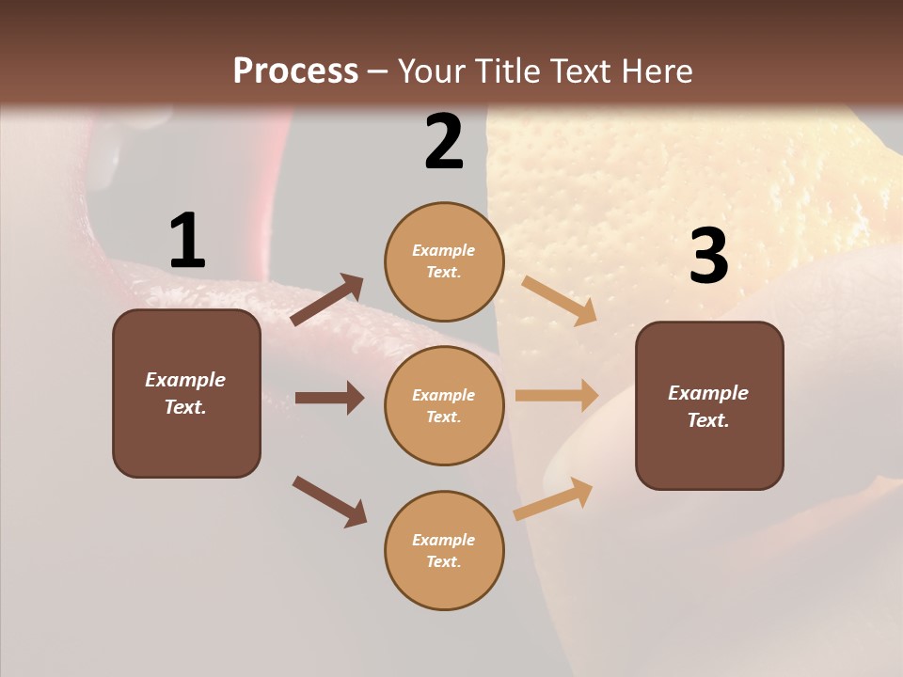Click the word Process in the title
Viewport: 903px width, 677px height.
point(295,71)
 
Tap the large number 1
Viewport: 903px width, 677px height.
point(187,241)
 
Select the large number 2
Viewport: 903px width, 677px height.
point(444,142)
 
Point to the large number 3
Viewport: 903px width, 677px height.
point(708,257)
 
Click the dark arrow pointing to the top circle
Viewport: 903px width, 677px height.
point(327,300)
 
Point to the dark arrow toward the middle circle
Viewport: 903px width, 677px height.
point(329,398)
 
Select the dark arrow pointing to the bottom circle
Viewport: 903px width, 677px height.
point(329,501)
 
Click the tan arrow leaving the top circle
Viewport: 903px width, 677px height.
point(559,300)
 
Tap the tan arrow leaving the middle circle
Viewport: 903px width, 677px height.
point(557,396)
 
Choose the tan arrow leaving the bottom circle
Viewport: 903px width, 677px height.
point(553,498)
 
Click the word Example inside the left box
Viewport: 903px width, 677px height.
point(185,380)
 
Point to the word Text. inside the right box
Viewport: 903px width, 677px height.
point(708,420)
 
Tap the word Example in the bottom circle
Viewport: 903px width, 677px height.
point(444,540)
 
